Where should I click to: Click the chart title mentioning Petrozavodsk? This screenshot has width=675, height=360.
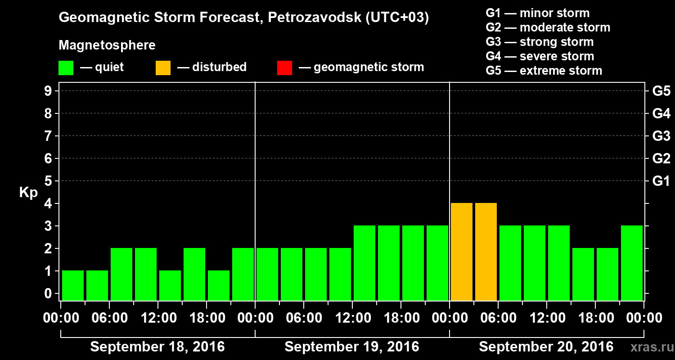tap(243, 18)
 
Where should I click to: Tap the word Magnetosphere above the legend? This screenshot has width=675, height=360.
tap(107, 45)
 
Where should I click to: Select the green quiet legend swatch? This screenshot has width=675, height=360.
tap(66, 68)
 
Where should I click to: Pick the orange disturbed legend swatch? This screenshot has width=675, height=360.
tap(163, 68)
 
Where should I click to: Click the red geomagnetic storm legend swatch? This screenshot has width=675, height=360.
tap(284, 68)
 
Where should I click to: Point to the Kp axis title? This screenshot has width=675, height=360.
tap(28, 193)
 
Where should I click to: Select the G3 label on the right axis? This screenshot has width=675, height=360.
tap(661, 136)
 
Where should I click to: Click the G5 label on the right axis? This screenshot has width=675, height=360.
tap(661, 91)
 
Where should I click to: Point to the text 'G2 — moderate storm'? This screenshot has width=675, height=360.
tap(548, 27)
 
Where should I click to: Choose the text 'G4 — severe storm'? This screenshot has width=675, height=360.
tap(540, 56)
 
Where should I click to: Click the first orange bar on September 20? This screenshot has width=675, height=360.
tap(462, 252)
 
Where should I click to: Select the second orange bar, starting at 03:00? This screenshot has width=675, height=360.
tap(486, 252)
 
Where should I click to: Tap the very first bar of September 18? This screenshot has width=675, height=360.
tap(73, 285)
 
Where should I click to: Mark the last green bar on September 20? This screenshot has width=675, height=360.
tap(632, 263)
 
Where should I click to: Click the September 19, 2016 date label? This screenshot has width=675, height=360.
tap(352, 347)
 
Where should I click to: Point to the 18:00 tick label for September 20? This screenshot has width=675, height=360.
tap(594, 318)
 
